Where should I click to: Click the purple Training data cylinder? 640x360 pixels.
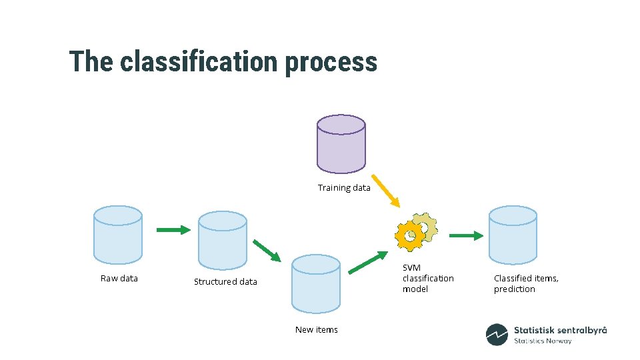[x=341, y=143]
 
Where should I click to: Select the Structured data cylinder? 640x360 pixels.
[x=223, y=240]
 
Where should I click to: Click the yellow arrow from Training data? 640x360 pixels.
[x=385, y=191]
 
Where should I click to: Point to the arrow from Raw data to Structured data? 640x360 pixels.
[x=173, y=230]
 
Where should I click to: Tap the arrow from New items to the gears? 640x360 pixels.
[x=368, y=262]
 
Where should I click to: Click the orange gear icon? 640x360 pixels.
[x=409, y=235]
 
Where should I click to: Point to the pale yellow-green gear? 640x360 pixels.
[x=425, y=227]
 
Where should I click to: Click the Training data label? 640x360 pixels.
[x=344, y=188]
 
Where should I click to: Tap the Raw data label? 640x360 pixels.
[x=119, y=279]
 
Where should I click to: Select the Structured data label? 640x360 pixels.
[x=225, y=282]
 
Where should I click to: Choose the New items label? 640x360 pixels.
[x=317, y=330]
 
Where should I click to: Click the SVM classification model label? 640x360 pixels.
[x=427, y=279]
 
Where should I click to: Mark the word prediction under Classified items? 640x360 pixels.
[x=514, y=289]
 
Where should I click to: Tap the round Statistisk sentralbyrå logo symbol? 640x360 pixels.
[x=497, y=335]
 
